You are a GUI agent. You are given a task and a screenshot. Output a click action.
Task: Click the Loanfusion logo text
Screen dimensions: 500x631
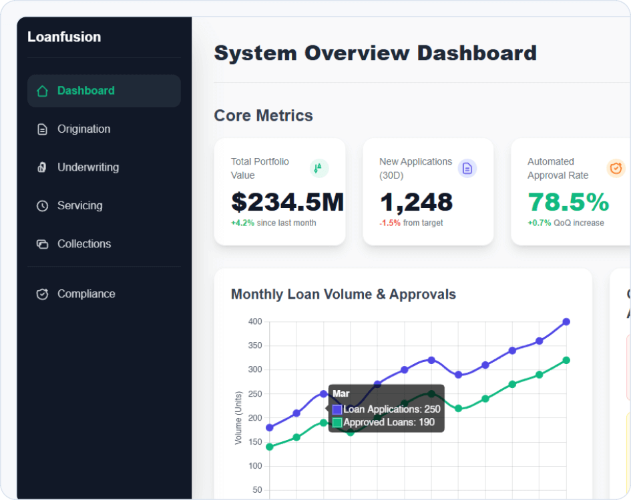[x=64, y=37]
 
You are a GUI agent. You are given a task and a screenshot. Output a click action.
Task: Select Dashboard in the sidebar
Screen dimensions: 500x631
[x=85, y=91]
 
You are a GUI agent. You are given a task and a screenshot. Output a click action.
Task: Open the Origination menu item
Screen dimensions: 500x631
[x=83, y=129]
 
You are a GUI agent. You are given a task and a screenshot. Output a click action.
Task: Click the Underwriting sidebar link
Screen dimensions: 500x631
[x=87, y=167]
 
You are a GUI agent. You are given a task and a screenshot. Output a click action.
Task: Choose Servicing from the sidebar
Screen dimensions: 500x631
[x=79, y=206]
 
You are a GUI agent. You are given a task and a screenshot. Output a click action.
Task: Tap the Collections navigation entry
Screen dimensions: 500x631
[x=83, y=244]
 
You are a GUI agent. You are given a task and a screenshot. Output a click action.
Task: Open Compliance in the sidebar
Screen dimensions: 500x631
[x=85, y=294]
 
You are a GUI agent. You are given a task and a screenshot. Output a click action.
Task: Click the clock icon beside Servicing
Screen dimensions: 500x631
[x=42, y=206]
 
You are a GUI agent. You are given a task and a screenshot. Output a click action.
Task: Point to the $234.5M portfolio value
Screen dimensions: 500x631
[x=287, y=202]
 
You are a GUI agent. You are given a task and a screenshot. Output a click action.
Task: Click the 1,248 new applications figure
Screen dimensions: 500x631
[x=416, y=202]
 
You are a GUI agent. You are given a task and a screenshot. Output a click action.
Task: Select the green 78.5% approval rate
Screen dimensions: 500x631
[x=568, y=202]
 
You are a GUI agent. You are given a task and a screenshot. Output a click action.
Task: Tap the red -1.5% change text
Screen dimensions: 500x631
[x=390, y=223]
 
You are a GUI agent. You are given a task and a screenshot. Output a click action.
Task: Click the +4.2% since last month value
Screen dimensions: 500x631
[x=242, y=223]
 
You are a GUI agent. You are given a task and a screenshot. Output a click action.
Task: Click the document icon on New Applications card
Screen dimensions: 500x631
[x=467, y=169]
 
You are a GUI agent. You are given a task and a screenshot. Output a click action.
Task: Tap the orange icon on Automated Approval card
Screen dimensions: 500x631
[x=616, y=169]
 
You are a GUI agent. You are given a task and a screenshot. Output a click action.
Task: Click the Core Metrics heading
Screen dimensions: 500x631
[x=263, y=115]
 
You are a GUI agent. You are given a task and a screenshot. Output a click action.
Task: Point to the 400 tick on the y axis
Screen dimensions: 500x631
[x=254, y=322]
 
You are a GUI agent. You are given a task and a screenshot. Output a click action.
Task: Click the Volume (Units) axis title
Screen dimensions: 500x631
[x=238, y=418]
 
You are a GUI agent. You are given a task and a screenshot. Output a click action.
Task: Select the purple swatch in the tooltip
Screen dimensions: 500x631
[x=337, y=409]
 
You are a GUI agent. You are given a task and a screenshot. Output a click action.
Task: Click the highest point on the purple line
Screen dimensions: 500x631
[x=566, y=321]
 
